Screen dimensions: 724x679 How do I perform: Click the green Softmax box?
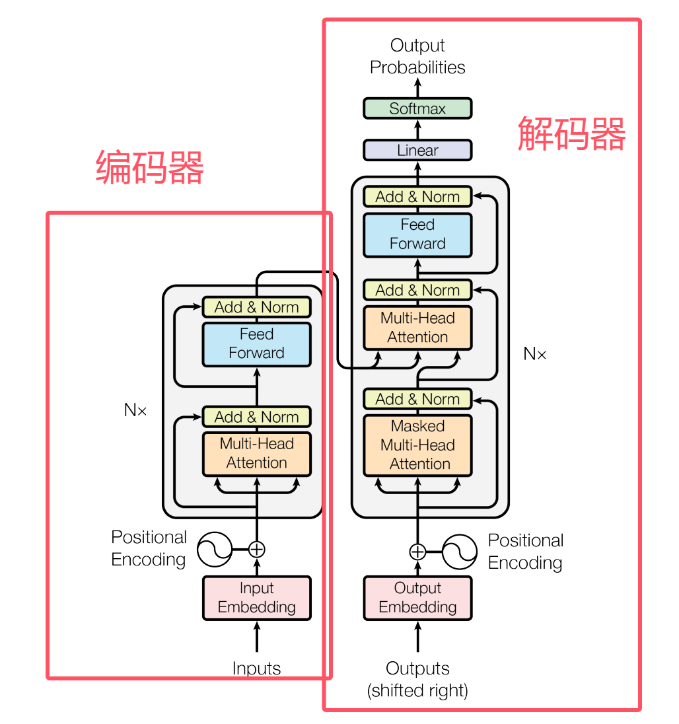click(x=417, y=108)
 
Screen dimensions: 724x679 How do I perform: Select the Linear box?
click(x=417, y=150)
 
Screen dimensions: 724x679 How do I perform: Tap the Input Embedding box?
click(x=256, y=598)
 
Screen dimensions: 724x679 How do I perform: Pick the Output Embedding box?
click(x=417, y=598)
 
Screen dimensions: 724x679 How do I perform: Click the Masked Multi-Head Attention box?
click(x=417, y=445)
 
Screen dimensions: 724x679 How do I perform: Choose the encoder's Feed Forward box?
click(x=256, y=344)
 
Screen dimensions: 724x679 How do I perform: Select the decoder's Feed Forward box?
click(x=417, y=235)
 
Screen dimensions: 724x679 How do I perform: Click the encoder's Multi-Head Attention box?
click(x=256, y=454)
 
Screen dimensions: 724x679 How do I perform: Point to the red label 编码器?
click(x=150, y=167)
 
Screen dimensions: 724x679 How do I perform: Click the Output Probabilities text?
click(x=417, y=56)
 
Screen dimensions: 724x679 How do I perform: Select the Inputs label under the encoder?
click(x=256, y=669)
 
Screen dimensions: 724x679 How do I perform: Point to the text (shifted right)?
click(x=417, y=691)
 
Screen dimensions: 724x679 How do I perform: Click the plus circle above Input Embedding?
click(x=256, y=549)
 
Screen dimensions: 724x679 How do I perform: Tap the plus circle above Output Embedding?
click(x=417, y=551)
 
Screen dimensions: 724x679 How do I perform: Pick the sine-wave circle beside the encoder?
click(x=215, y=549)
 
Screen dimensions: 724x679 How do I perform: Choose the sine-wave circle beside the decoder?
click(x=460, y=551)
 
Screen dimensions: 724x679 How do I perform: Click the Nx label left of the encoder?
click(x=135, y=410)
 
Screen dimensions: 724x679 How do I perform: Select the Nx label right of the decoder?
click(x=535, y=354)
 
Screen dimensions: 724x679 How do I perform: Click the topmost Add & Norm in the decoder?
click(x=417, y=197)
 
